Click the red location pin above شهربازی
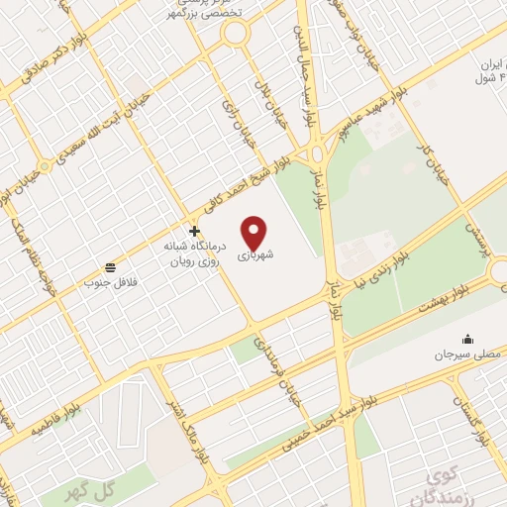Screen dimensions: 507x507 tap(255, 232)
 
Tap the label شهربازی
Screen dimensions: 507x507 tap(255, 254)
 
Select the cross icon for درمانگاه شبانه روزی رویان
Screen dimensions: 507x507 tap(194, 231)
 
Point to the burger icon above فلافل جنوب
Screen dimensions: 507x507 tap(109, 267)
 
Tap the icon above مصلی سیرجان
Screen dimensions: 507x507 tap(467, 339)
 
